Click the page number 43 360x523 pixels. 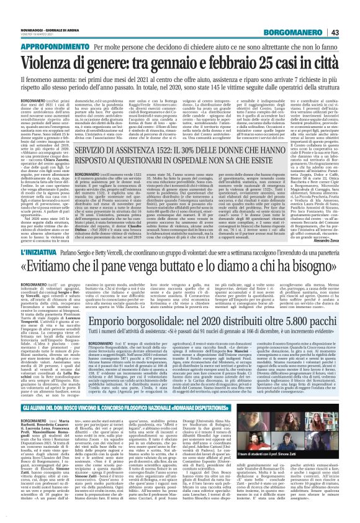[x=351, y=32]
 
